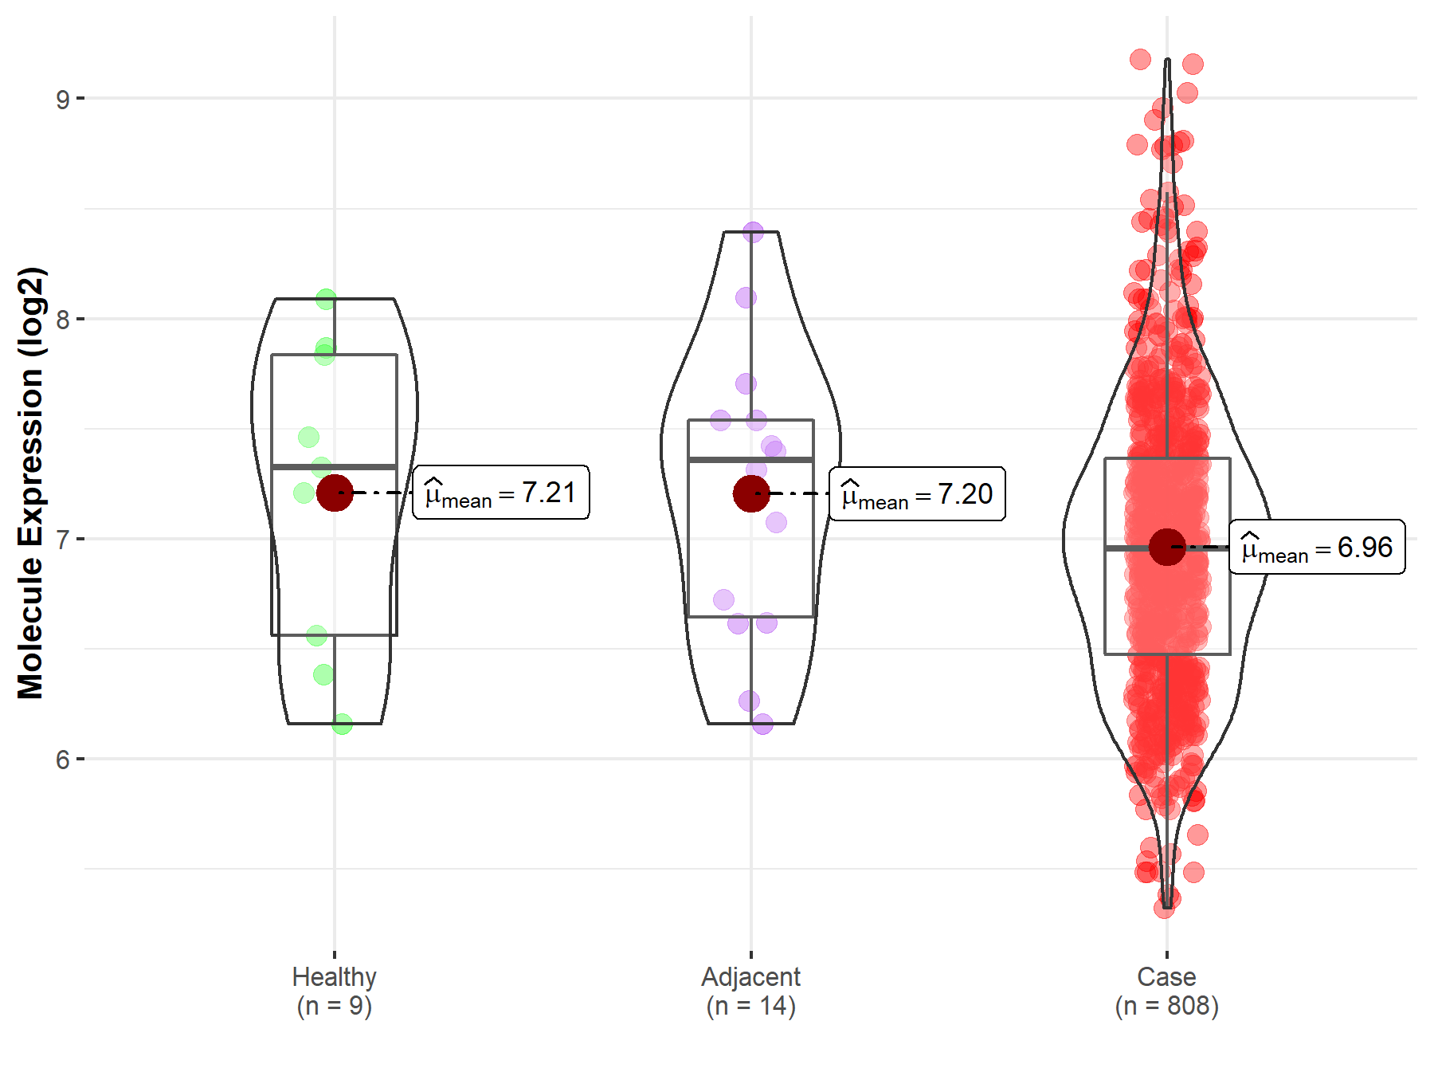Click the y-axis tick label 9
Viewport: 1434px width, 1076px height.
(62, 100)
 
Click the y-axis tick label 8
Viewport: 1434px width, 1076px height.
(62, 320)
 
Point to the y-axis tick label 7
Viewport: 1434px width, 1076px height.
(62, 540)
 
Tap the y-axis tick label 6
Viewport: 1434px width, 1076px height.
(62, 760)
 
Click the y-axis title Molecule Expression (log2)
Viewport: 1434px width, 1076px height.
(30, 483)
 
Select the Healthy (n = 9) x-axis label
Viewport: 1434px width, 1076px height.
(334, 992)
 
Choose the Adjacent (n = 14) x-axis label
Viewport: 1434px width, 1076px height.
(750, 992)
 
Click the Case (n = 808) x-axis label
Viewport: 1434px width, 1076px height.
(1166, 992)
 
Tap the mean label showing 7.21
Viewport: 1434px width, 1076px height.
(501, 493)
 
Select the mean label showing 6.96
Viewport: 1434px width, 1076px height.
(1317, 548)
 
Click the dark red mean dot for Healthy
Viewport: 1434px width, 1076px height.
(335, 493)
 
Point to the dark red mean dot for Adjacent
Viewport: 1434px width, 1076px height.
(750, 493)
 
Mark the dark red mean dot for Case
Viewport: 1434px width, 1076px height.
(1167, 547)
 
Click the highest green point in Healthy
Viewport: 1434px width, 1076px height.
(326, 300)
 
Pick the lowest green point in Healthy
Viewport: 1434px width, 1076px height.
(342, 724)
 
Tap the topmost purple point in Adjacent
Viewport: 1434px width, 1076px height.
(753, 232)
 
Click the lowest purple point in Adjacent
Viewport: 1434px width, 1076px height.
(762, 724)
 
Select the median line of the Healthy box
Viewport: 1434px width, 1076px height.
(335, 467)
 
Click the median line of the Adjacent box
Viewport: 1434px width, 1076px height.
(750, 460)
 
